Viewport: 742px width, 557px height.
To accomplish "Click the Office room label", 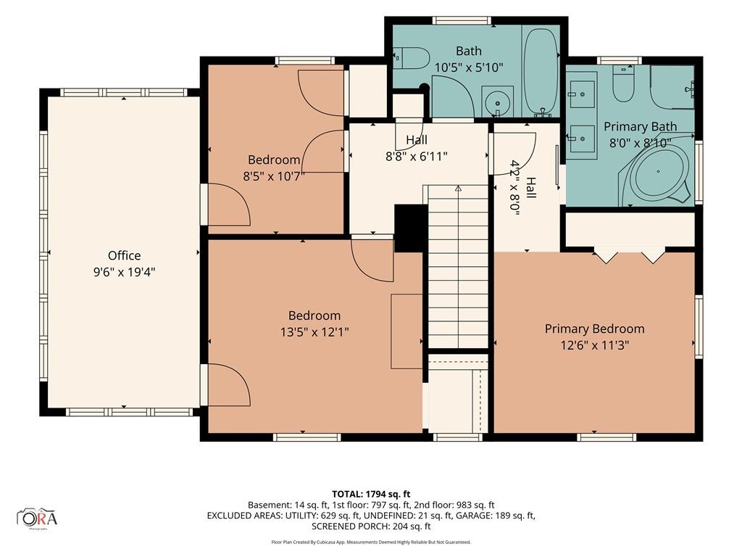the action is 124,256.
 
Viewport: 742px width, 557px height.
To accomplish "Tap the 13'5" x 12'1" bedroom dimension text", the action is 314,332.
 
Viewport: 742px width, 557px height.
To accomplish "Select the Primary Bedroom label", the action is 594,329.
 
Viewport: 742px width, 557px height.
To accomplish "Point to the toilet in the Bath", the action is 411,58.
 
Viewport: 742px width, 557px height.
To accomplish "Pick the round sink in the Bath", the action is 497,102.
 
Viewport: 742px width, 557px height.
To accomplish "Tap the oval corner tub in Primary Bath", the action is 658,171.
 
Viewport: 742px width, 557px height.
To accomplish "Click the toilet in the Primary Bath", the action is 623,83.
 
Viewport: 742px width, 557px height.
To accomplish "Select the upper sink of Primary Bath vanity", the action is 582,94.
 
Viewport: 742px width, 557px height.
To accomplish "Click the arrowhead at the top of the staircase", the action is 458,189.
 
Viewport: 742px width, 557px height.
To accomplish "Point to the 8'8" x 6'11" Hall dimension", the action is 417,157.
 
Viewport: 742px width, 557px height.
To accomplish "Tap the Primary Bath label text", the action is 640,126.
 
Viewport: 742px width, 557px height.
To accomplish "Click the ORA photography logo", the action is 37,518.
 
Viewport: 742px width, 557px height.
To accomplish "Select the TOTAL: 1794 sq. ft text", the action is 371,495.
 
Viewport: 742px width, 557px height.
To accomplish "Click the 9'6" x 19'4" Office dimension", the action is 124,273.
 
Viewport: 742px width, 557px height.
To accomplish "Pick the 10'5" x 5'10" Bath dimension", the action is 469,67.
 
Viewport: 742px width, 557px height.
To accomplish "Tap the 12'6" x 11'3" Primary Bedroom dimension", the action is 594,345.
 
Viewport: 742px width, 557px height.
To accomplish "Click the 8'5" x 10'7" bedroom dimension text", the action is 273,176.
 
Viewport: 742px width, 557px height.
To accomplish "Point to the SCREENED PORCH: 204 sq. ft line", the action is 371,527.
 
